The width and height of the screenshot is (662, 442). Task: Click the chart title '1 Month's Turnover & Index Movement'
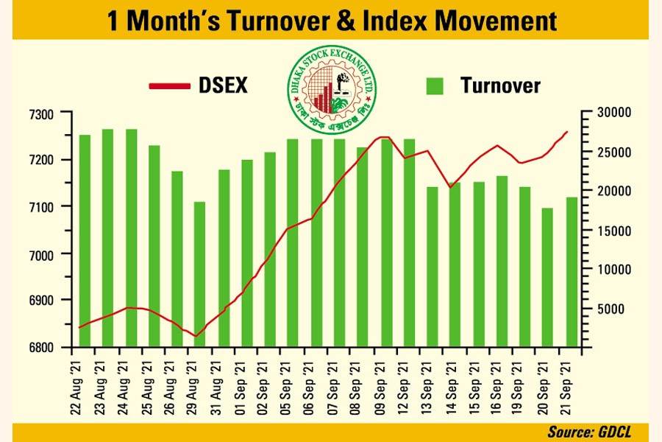click(332, 20)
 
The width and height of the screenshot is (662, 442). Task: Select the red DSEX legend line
click(170, 86)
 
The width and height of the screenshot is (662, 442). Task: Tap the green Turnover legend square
click(436, 86)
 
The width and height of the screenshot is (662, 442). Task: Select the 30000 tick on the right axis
click(606, 113)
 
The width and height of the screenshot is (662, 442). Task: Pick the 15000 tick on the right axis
click(606, 231)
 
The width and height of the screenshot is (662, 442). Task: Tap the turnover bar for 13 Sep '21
click(432, 267)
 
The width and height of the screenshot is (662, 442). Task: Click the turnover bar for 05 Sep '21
click(293, 242)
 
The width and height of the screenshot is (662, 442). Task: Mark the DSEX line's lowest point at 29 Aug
click(196, 336)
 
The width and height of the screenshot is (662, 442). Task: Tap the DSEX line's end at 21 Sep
click(567, 132)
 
